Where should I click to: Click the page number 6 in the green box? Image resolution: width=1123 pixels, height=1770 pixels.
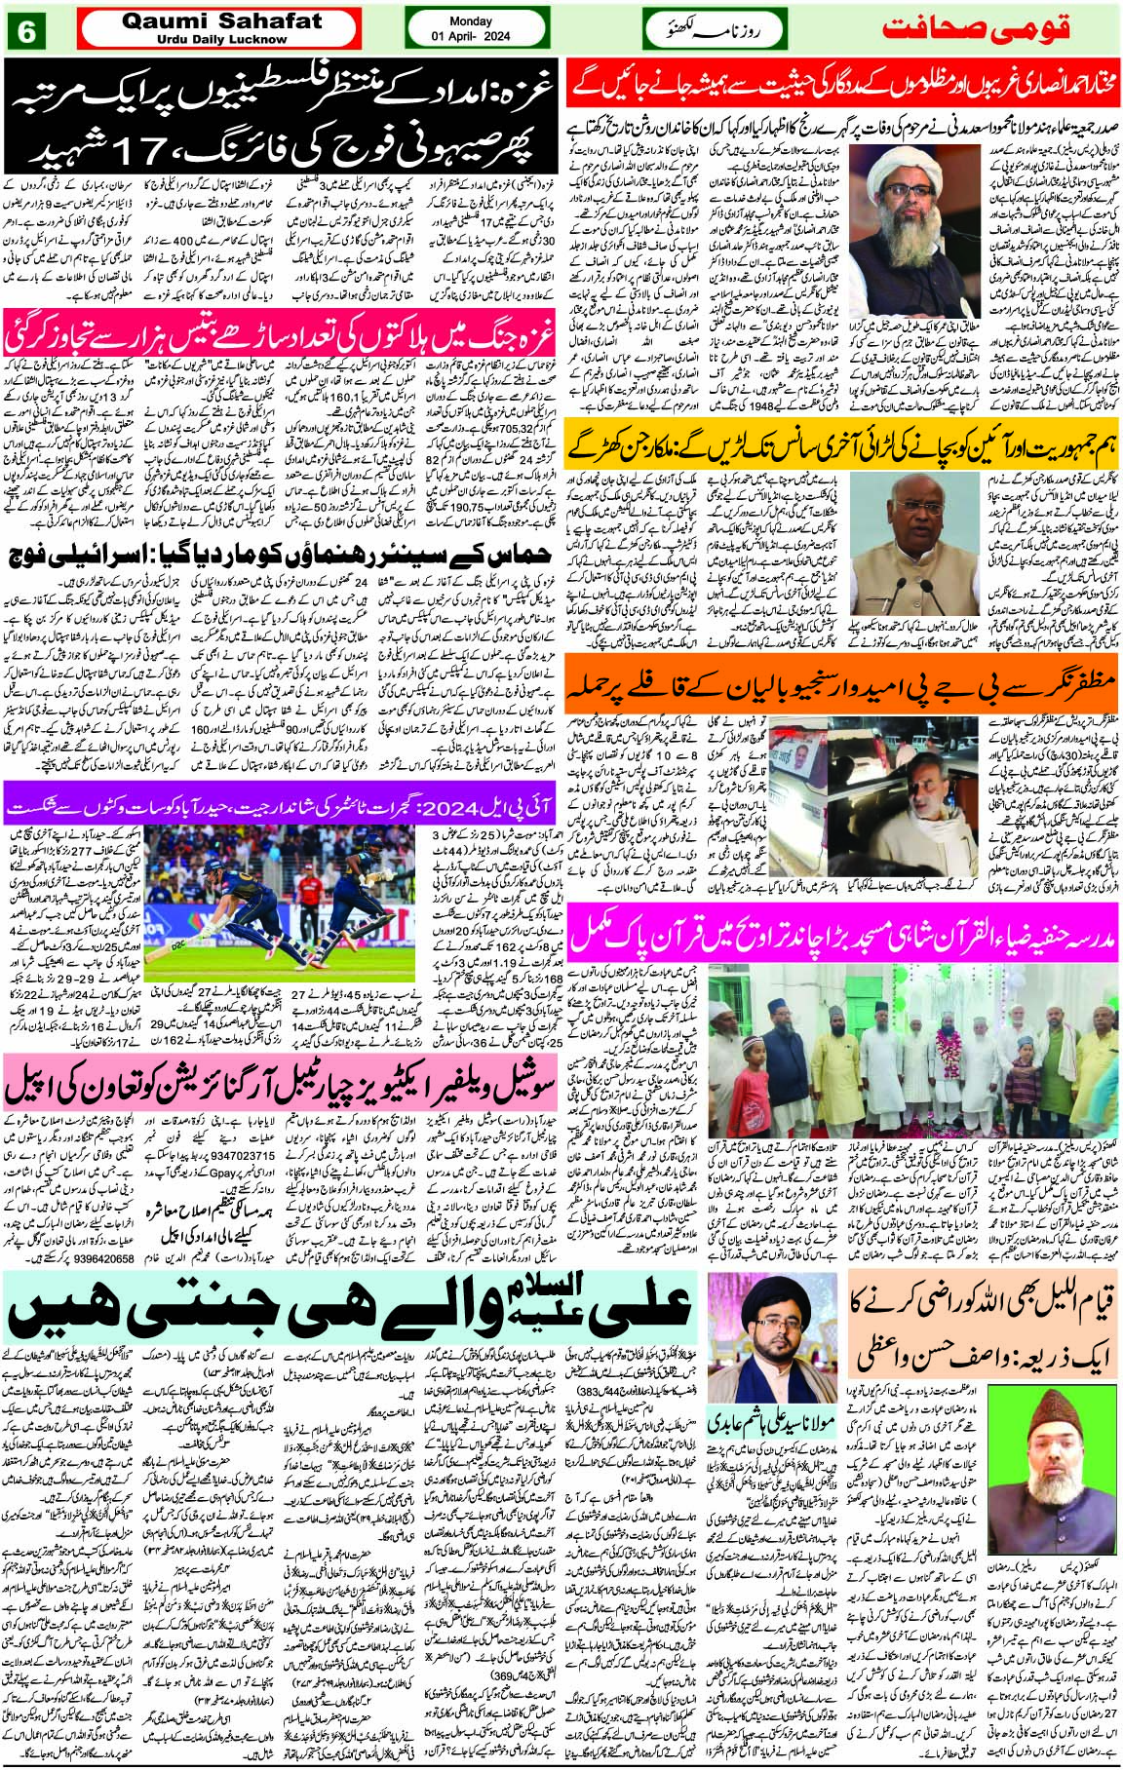coord(26,31)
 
